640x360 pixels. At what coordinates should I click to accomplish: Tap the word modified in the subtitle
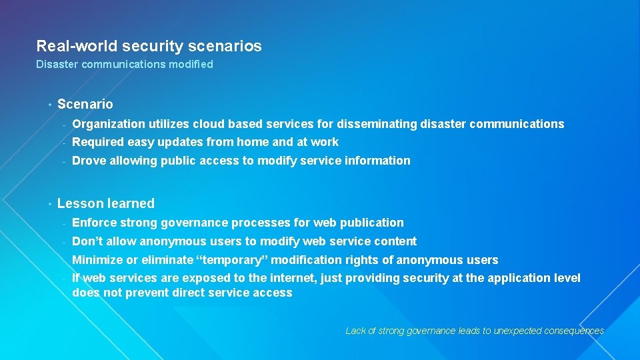(x=191, y=65)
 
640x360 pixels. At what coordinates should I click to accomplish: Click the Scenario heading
(x=85, y=104)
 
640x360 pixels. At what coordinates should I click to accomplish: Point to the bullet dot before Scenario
(x=49, y=104)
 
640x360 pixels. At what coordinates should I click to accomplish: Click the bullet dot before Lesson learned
(x=49, y=203)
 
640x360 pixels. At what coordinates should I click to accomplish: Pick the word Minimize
(x=97, y=260)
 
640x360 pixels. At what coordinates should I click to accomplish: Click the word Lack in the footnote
(x=355, y=331)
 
